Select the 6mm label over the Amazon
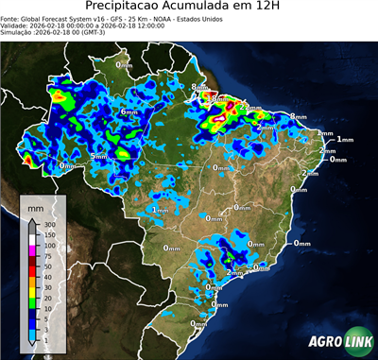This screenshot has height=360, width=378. click(129, 111)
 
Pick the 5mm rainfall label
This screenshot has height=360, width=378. click(98, 156)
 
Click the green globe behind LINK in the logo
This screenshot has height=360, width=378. click(356, 341)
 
